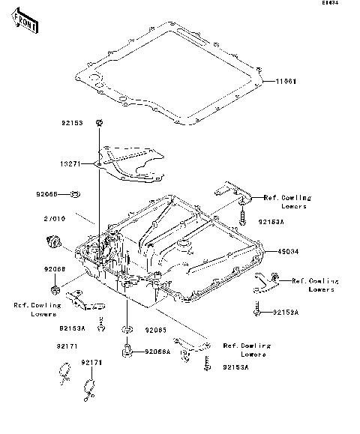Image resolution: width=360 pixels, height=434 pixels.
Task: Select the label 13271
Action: [x=73, y=161]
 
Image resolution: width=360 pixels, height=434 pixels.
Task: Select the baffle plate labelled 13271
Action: [x=133, y=163]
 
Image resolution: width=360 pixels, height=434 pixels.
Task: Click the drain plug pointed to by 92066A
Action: [x=127, y=350]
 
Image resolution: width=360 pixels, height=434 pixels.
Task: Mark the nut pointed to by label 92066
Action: [x=55, y=289]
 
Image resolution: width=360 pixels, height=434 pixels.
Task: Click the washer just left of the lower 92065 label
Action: [x=128, y=329]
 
